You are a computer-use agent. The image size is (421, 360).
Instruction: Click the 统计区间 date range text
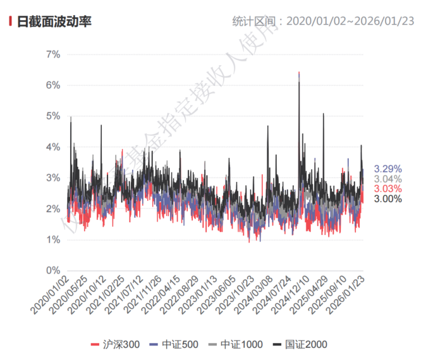pos(323,21)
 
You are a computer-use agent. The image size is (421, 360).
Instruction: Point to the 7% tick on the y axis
pos(52,54)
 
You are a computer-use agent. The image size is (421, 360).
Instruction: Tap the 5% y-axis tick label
pos(52,116)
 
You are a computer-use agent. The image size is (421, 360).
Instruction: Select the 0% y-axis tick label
pos(52,270)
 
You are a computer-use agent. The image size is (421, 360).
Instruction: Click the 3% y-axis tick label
pos(52,178)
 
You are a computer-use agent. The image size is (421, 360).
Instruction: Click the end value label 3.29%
pos(387,169)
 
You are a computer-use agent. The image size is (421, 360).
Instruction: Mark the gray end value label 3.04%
pos(387,179)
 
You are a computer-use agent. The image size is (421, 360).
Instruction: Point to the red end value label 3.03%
pos(387,189)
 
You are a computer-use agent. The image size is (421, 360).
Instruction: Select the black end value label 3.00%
pos(387,199)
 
